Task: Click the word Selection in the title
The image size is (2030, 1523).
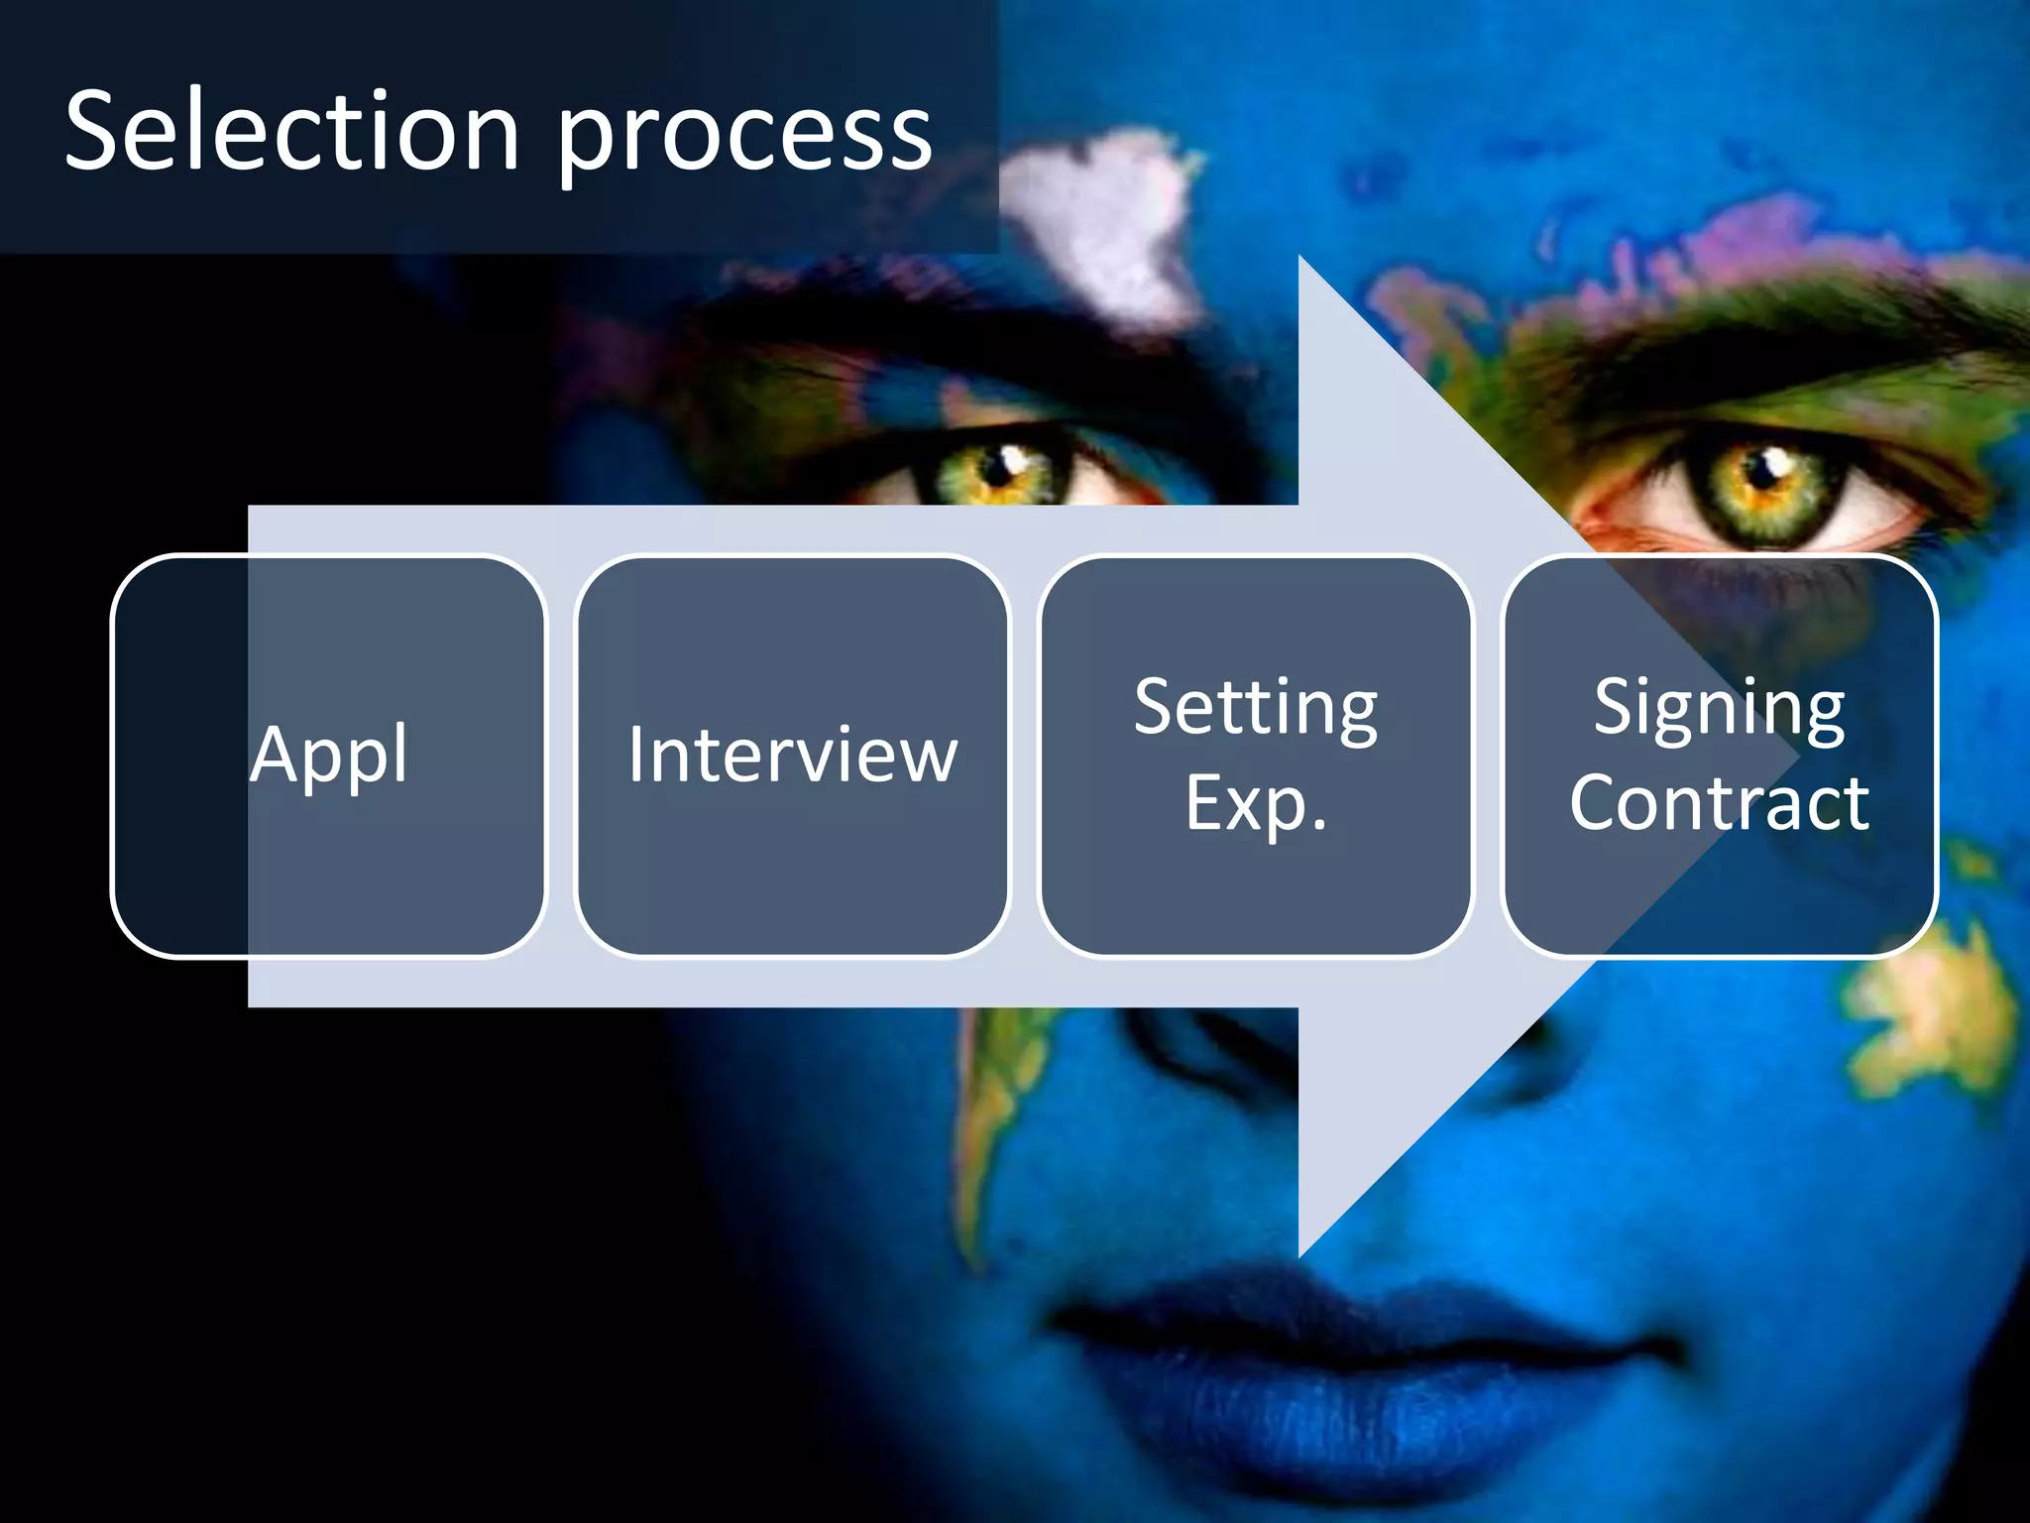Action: pyautogui.click(x=292, y=131)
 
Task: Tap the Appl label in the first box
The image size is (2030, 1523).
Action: pyautogui.click(x=328, y=756)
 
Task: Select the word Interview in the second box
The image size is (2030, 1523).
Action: pyautogui.click(x=793, y=756)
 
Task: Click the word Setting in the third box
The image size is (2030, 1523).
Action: pyautogui.click(x=1256, y=708)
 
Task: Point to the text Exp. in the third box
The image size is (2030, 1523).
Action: pyautogui.click(x=1256, y=803)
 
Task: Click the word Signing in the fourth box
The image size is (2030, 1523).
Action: pyautogui.click(x=1720, y=708)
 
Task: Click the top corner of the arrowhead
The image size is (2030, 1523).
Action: pyautogui.click(x=1300, y=260)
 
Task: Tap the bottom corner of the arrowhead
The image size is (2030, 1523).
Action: pyautogui.click(x=1300, y=1253)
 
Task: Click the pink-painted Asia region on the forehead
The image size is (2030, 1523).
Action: pyautogui.click(x=1685, y=248)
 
